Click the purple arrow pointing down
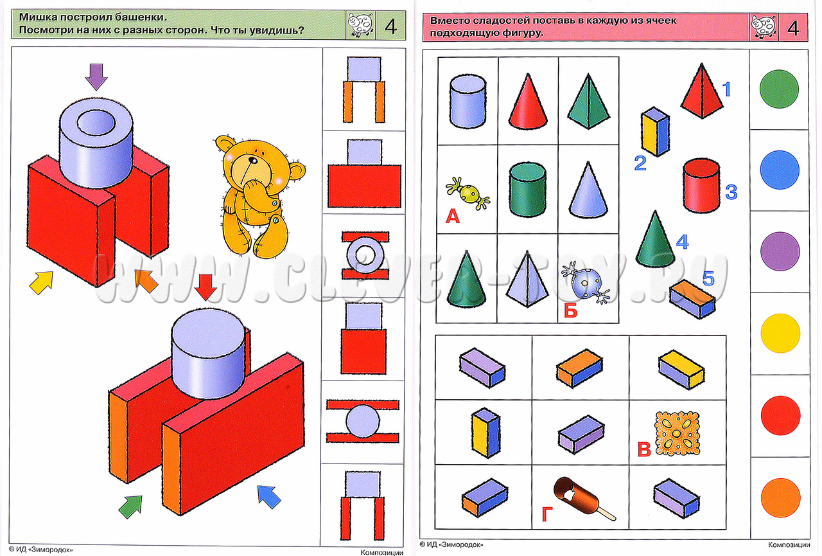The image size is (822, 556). click(96, 76)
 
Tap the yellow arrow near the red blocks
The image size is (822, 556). click(42, 282)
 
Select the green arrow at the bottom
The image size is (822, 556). click(131, 507)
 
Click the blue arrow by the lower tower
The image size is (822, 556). click(268, 496)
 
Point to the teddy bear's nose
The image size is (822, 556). click(253, 160)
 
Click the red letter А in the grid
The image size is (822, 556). click(453, 217)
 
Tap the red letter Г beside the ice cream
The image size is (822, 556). click(547, 514)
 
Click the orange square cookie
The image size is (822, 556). click(678, 433)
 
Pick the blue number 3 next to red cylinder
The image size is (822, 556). click(731, 192)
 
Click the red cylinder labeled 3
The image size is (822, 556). click(701, 186)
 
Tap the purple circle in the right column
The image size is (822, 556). click(780, 251)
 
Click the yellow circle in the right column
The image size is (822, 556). click(780, 333)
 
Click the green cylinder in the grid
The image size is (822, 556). click(527, 190)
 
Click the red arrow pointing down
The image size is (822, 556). click(205, 287)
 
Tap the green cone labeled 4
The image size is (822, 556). click(656, 238)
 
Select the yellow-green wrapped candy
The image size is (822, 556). click(468, 193)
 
